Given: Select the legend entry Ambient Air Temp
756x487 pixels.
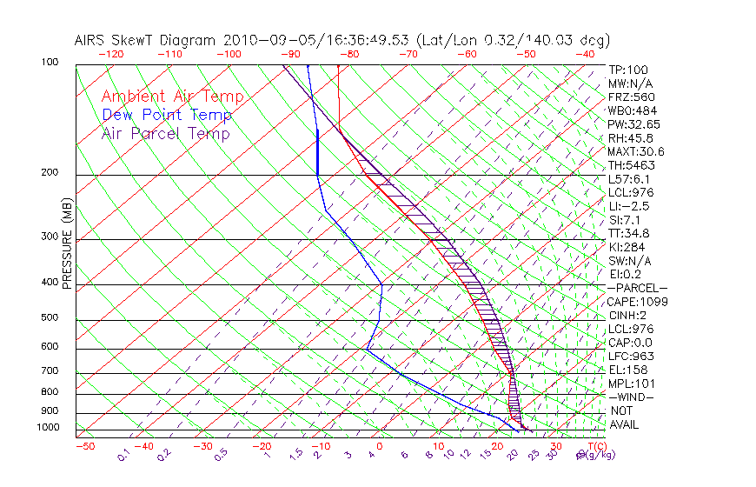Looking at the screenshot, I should click(172, 97).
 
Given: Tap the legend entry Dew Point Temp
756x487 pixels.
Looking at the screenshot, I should click(167, 115).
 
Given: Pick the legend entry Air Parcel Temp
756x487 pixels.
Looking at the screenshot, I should click(165, 133).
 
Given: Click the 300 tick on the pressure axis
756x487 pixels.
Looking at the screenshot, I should click(50, 237).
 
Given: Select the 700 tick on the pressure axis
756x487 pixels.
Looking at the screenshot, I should click(50, 371).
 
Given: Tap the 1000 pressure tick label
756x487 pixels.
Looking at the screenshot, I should click(47, 428).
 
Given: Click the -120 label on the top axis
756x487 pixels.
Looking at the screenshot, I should click(110, 54).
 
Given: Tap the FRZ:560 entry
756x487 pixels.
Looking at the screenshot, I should click(631, 97).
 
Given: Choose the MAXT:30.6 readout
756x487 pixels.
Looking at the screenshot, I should click(636, 151).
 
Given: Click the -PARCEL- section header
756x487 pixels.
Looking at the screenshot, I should click(637, 288).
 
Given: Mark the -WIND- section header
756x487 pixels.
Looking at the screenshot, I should click(631, 397).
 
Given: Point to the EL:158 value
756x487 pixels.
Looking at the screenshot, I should click(627, 370).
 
